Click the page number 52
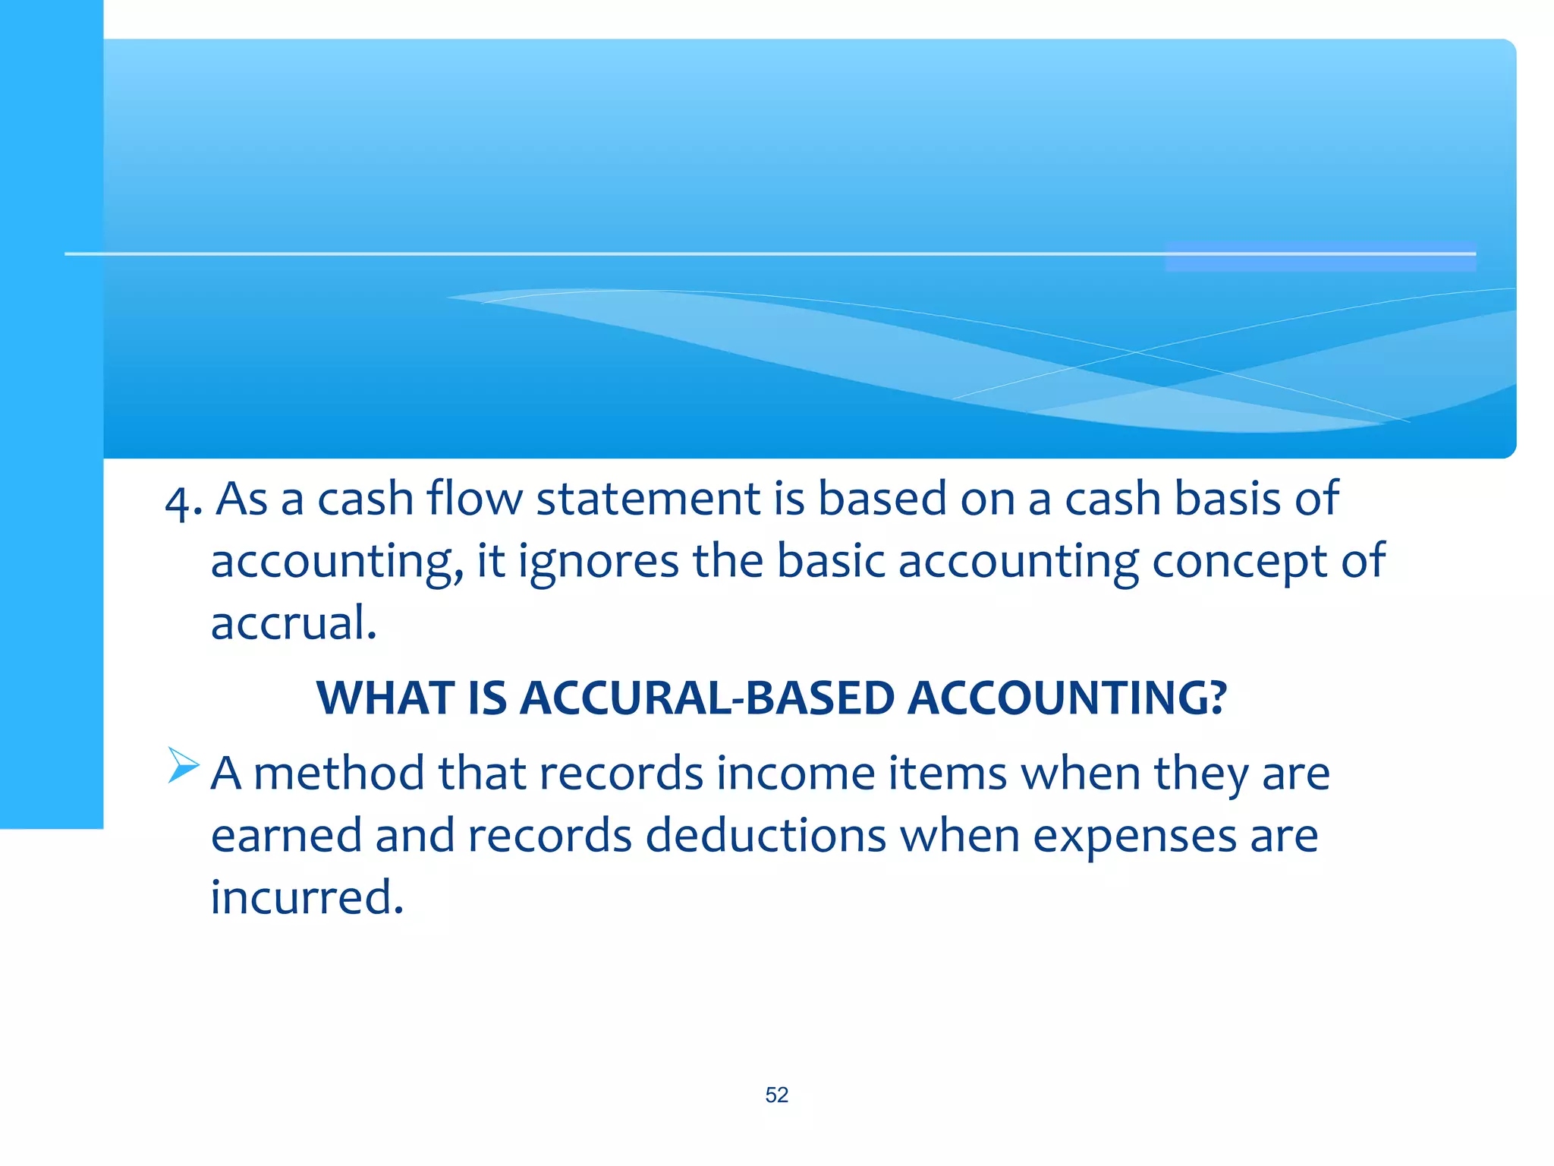pyautogui.click(x=776, y=1095)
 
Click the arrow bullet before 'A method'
pyautogui.click(x=183, y=765)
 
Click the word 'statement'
pyautogui.click(x=648, y=499)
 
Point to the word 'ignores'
pyautogui.click(x=598, y=562)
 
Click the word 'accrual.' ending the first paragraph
pyautogui.click(x=294, y=623)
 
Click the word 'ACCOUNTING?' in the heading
pyautogui.click(x=1067, y=698)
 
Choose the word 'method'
pyautogui.click(x=338, y=774)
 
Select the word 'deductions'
pyautogui.click(x=766, y=836)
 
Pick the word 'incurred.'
pyautogui.click(x=307, y=897)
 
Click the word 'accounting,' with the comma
pyautogui.click(x=337, y=562)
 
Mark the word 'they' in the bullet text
pyautogui.click(x=1200, y=774)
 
